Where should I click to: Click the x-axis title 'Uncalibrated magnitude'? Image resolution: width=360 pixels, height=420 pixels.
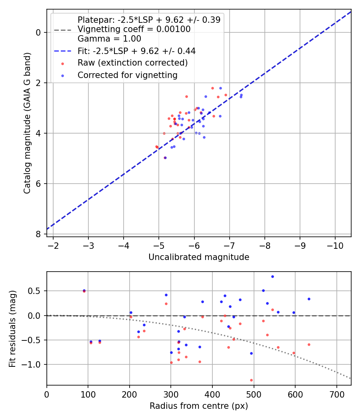point(199,257)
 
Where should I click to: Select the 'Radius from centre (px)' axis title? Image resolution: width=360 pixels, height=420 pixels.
point(199,406)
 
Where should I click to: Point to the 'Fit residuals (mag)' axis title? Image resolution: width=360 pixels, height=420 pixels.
point(12,328)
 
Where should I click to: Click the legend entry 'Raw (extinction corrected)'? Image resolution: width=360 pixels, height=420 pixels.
point(132,63)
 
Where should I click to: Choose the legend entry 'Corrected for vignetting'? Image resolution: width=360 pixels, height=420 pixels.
point(127,75)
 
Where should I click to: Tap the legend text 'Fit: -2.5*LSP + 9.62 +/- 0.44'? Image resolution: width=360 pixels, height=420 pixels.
point(136,51)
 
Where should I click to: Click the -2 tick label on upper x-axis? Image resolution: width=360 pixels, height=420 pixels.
point(53,245)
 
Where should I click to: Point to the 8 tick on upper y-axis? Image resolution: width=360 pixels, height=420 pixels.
point(38,234)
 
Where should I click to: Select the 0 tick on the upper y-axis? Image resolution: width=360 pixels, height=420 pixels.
point(38,32)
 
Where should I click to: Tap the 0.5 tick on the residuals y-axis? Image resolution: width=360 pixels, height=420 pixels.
point(36,291)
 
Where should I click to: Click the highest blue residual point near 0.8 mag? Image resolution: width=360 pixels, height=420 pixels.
point(272,276)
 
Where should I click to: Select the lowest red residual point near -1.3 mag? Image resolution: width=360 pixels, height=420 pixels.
point(251,380)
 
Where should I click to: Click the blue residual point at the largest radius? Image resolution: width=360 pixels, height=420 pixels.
point(309,299)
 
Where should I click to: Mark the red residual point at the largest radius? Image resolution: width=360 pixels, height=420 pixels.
point(309,344)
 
